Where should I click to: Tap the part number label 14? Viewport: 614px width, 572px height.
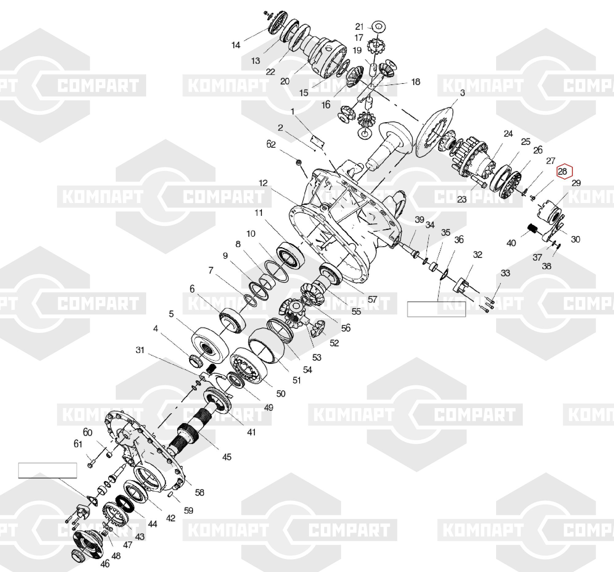pyautogui.click(x=236, y=45)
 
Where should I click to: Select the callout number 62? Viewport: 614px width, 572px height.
pyautogui.click(x=271, y=144)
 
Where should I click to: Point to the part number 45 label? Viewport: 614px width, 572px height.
pyautogui.click(x=227, y=457)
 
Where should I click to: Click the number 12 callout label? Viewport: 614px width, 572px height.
pyautogui.click(x=263, y=183)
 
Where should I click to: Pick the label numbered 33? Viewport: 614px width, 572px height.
pyautogui.click(x=505, y=273)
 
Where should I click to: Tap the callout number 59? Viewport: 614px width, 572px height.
pyautogui.click(x=188, y=511)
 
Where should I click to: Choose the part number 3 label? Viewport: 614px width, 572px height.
pyautogui.click(x=462, y=93)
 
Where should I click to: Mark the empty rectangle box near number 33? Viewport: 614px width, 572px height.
pyautogui.click(x=437, y=309)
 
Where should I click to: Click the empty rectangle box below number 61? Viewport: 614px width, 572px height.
pyautogui.click(x=47, y=470)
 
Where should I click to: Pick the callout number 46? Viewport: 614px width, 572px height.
pyautogui.click(x=105, y=564)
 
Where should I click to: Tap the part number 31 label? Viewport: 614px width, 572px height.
pyautogui.click(x=140, y=350)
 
